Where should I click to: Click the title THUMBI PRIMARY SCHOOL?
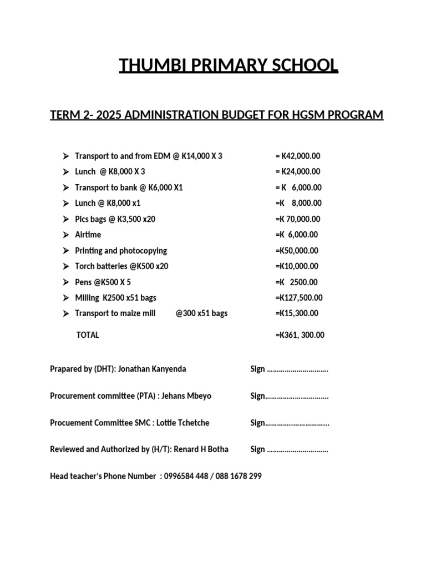pyautogui.click(x=229, y=66)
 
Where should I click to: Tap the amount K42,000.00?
pyautogui.click(x=301, y=156)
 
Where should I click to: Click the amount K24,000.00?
pyautogui.click(x=301, y=171)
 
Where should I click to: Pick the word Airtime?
pyautogui.click(x=88, y=235)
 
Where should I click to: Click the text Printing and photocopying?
pyautogui.click(x=121, y=251)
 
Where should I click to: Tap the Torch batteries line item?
pyautogui.click(x=121, y=266)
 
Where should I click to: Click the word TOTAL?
pyautogui.click(x=88, y=335)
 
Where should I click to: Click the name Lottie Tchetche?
pyautogui.click(x=183, y=423)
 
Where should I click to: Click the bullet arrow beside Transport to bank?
pyautogui.click(x=65, y=187)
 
